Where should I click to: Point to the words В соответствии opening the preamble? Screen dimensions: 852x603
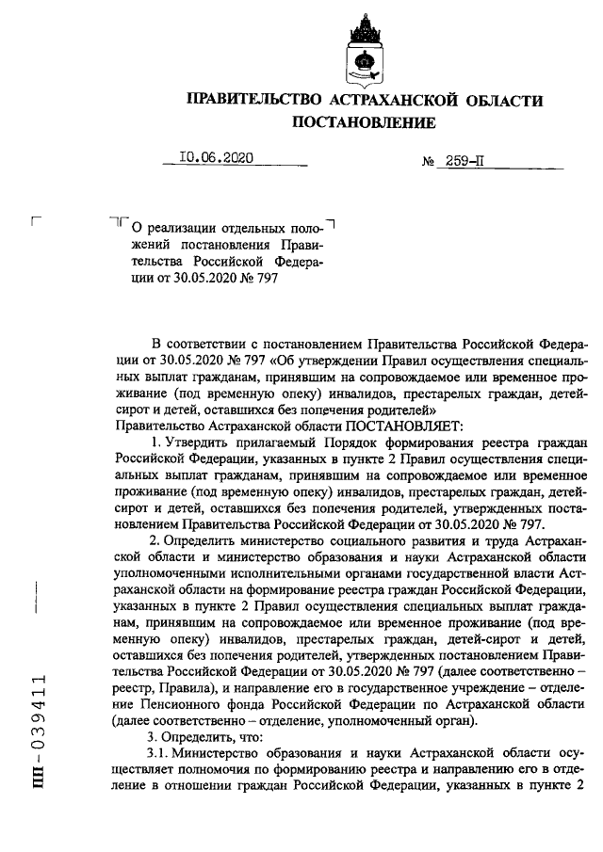198,341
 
